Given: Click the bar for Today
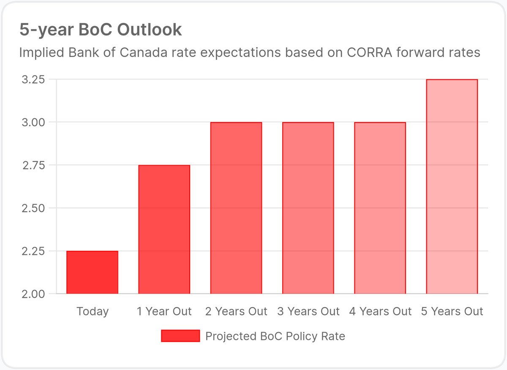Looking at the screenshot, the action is pos(93,272).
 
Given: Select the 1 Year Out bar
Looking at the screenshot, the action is pos(164,229).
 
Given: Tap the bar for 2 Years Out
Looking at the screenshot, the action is pos(236,208).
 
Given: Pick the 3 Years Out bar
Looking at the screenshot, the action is pos(308,208).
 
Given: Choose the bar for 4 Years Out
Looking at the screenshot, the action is pos(380,208).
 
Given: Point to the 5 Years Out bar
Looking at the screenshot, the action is pos(452,186).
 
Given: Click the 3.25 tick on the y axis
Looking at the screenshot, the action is pos(33,79).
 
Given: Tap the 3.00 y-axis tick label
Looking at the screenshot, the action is pos(33,122).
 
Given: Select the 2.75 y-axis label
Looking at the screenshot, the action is pos(34,166).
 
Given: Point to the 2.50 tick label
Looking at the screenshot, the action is pos(33,208).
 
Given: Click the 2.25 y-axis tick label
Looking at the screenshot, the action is pos(33,251).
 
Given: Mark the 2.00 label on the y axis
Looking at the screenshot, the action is pos(33,294).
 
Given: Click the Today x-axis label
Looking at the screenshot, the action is pos(93,312).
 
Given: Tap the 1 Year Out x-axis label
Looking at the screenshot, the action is pos(164,311).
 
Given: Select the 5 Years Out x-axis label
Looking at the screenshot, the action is pos(452,311).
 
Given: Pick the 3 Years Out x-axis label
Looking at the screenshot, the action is pos(308,311).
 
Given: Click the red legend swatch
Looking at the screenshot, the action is pos(180,336).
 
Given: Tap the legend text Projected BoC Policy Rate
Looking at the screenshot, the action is pos(275,336).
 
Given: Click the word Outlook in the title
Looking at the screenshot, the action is pos(150,30).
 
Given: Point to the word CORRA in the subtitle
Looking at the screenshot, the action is pos(369,52).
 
